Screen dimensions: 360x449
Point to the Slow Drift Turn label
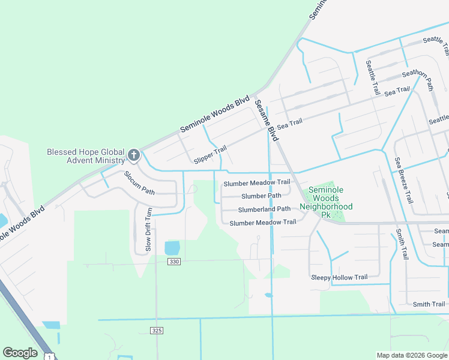pyautogui.click(x=148, y=230)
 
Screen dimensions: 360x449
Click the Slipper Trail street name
pyautogui.click(x=210, y=155)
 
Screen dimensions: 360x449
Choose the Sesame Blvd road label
pyautogui.click(x=266, y=120)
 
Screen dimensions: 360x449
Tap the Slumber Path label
pyautogui.click(x=261, y=196)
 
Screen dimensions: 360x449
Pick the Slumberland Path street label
pyautogui.click(x=264, y=209)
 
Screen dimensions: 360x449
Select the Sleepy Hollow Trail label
pyautogui.click(x=339, y=277)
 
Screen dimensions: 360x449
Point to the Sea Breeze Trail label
pyautogui.click(x=404, y=180)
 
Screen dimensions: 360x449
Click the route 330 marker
pyautogui.click(x=174, y=262)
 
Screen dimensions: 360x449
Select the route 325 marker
pyautogui.click(x=157, y=331)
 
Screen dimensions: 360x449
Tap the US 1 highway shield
pyautogui.click(x=49, y=356)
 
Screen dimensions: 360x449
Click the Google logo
pyautogui.click(x=20, y=353)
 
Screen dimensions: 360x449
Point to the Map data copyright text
pyautogui.click(x=411, y=355)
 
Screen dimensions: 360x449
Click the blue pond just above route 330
pyautogui.click(x=172, y=248)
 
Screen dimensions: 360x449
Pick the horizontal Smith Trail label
pyautogui.click(x=429, y=305)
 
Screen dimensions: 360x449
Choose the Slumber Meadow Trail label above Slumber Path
pyautogui.click(x=257, y=182)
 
